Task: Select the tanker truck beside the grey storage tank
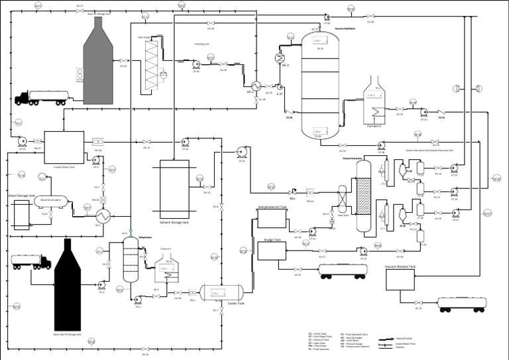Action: point(39,98)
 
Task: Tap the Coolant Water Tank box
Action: point(64,146)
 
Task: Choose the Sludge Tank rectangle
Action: point(272,251)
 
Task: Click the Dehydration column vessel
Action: point(131,261)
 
